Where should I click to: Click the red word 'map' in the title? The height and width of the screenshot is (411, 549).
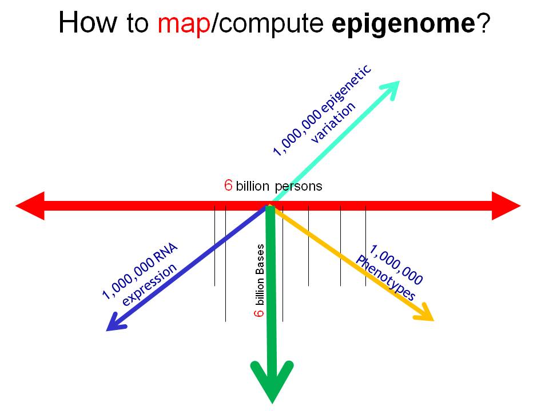pyautogui.click(x=184, y=24)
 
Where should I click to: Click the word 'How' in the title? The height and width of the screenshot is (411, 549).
pyautogui.click(x=87, y=22)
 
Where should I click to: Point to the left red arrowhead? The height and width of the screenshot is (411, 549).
pyautogui.click(x=30, y=206)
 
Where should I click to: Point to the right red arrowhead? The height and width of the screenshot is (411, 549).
pyautogui.click(x=506, y=206)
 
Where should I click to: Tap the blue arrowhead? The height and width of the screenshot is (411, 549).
pyautogui.click(x=116, y=323)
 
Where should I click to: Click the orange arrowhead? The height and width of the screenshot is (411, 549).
pyautogui.click(x=424, y=312)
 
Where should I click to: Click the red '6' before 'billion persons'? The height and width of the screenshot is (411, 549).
pyautogui.click(x=228, y=185)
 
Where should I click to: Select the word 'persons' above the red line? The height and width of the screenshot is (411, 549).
pyautogui.click(x=299, y=186)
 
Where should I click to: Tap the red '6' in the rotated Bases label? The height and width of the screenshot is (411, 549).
pyautogui.click(x=259, y=312)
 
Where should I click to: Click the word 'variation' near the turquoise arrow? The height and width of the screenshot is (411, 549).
pyautogui.click(x=333, y=123)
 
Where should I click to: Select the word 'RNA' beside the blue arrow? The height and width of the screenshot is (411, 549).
pyautogui.click(x=166, y=253)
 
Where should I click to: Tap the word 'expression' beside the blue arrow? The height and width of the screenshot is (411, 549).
pyautogui.click(x=149, y=284)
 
